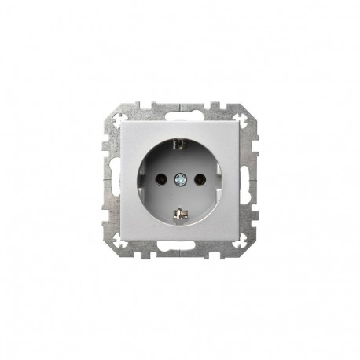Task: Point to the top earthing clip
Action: coord(180,144)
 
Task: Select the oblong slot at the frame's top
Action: coord(180,112)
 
